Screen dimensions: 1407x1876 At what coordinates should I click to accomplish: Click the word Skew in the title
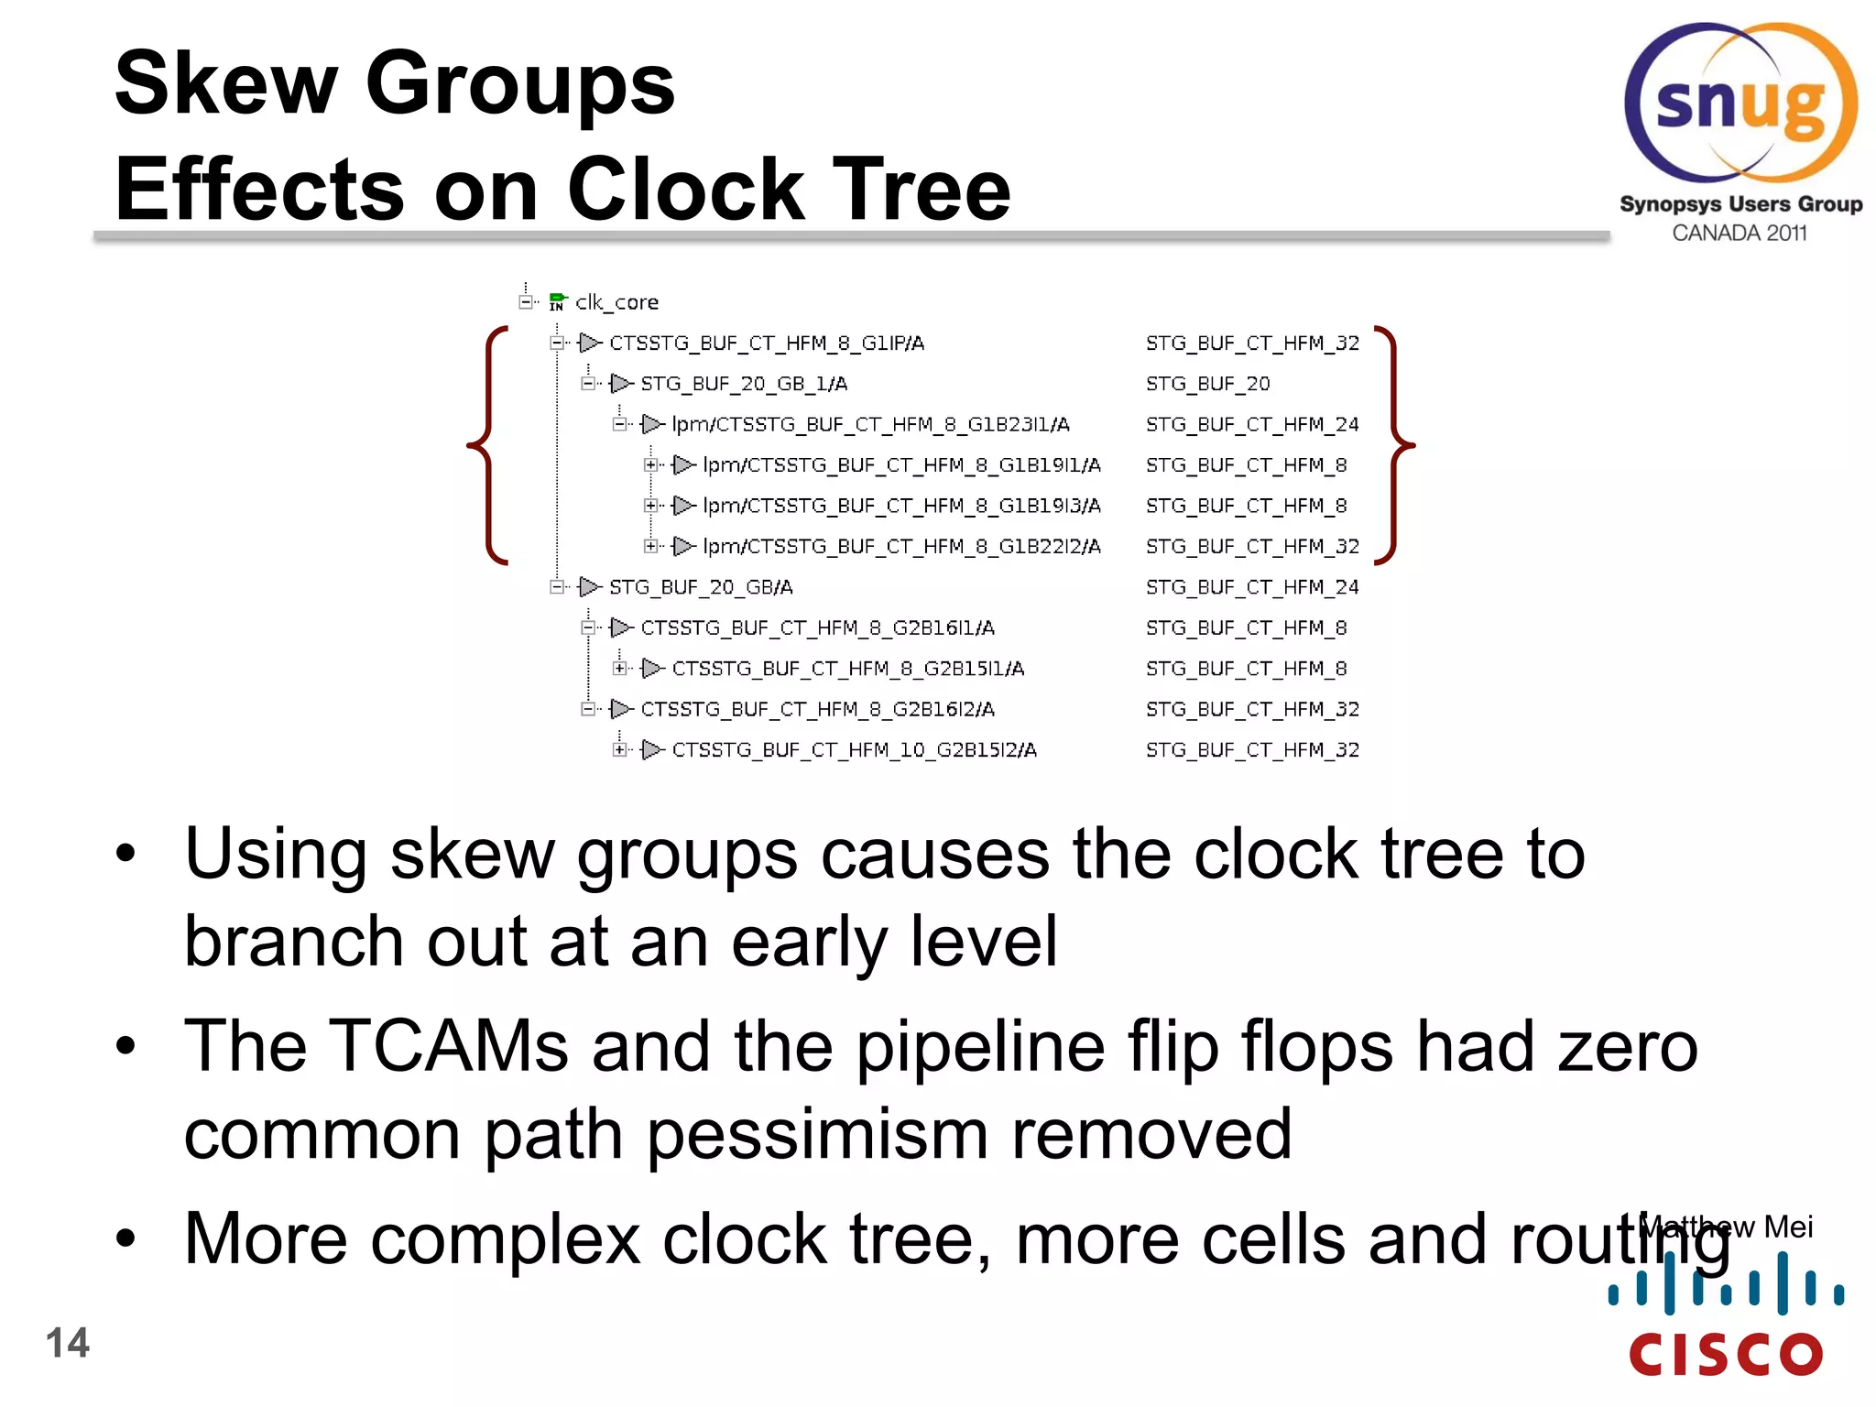click(x=225, y=84)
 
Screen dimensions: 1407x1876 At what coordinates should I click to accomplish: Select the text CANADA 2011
click(x=1739, y=234)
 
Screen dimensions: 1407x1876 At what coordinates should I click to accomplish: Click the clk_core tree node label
click(x=616, y=302)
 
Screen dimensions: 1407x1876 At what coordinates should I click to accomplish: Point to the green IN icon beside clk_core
click(x=557, y=302)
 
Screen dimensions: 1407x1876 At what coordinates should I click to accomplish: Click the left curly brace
click(x=487, y=445)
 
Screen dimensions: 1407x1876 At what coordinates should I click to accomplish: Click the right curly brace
click(x=1394, y=445)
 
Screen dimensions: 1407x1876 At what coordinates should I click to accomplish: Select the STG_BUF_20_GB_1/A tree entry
click(x=743, y=384)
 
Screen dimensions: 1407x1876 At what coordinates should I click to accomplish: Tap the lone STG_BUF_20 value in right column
click(x=1207, y=384)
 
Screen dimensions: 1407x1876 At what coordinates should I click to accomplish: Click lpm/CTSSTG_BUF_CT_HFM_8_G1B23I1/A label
click(x=869, y=424)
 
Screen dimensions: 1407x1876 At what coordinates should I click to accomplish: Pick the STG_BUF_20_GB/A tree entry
click(x=701, y=587)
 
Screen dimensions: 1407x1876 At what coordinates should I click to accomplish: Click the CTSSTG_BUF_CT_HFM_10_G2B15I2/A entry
click(x=854, y=750)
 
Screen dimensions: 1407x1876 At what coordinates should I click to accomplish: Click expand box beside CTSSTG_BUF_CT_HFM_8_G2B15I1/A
click(x=620, y=669)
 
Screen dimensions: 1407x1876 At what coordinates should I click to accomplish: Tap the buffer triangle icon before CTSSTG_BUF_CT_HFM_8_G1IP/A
click(x=590, y=343)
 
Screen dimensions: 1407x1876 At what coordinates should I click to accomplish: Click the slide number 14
click(x=67, y=1343)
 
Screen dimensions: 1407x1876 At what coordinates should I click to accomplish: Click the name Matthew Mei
click(x=1726, y=1227)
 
